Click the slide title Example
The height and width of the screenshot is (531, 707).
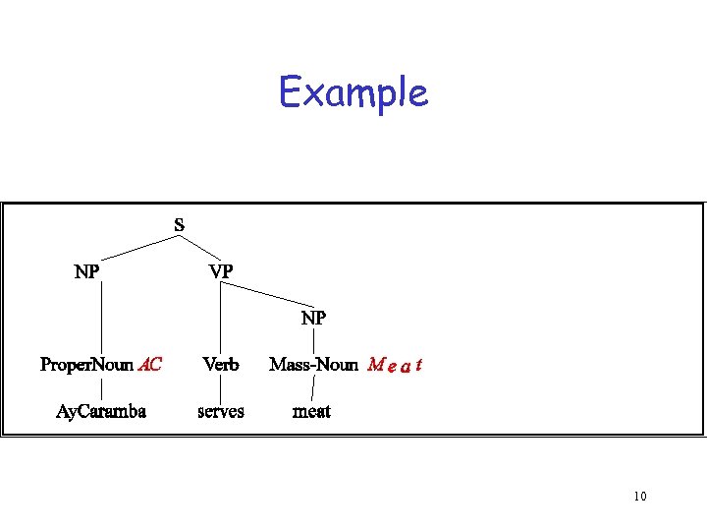click(353, 93)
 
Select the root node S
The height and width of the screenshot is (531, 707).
click(179, 224)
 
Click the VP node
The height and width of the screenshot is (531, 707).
click(221, 270)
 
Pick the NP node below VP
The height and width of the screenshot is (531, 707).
click(313, 318)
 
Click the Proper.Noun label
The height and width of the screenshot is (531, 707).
click(86, 365)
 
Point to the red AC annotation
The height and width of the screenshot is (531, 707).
click(150, 365)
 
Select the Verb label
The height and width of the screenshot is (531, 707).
click(221, 365)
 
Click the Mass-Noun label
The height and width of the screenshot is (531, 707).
click(313, 365)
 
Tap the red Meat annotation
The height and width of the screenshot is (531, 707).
click(394, 366)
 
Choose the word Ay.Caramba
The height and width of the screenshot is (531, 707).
click(101, 411)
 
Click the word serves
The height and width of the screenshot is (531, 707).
click(221, 411)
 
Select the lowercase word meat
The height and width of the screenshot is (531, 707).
click(312, 411)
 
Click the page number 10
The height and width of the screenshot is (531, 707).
click(639, 496)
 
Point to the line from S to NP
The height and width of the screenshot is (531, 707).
click(135, 248)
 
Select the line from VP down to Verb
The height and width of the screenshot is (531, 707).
click(220, 317)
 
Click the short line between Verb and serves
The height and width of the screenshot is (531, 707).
click(220, 388)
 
